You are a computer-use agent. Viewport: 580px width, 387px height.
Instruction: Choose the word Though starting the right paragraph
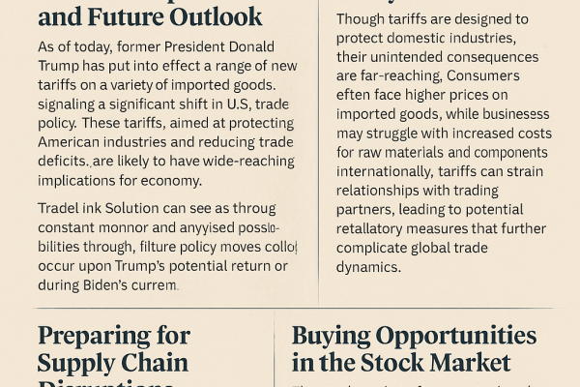363,19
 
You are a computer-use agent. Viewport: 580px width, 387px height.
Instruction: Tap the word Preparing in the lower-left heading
101,336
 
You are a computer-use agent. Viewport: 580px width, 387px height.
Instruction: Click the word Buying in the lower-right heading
332,336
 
